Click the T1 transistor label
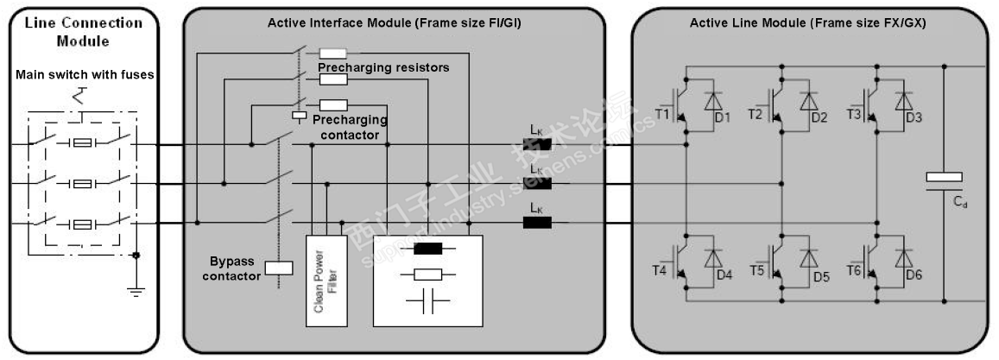pyautogui.click(x=664, y=114)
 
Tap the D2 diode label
pyautogui.click(x=819, y=117)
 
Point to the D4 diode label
pyautogui.click(x=724, y=275)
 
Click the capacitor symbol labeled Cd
pyautogui.click(x=944, y=179)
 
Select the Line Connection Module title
pyautogui.click(x=84, y=31)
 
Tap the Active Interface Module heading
pyautogui.click(x=394, y=23)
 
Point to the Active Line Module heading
pyautogui.click(x=807, y=23)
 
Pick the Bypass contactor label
pyautogui.click(x=235, y=268)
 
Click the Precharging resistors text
pyautogui.click(x=383, y=67)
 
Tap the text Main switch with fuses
pyautogui.click(x=85, y=75)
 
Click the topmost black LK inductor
pyautogui.click(x=536, y=144)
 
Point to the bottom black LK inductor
pyautogui.click(x=536, y=222)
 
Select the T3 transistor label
pyautogui.click(x=856, y=114)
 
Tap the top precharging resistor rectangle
pyautogui.click(x=333, y=54)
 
